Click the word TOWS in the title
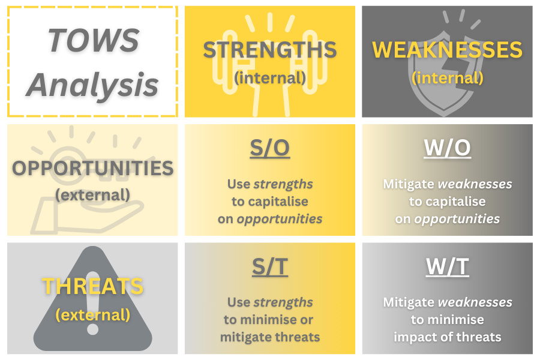click(x=94, y=40)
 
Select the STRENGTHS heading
click(x=269, y=50)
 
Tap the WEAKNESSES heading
click(x=447, y=50)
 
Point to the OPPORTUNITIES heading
click(x=92, y=168)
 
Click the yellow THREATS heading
click(x=92, y=286)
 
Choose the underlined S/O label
click(x=270, y=148)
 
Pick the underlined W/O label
click(x=448, y=148)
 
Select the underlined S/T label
click(x=270, y=266)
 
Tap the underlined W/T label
click(x=448, y=266)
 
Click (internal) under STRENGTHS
click(x=270, y=78)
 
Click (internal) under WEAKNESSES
click(x=448, y=78)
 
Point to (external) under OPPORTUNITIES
click(x=92, y=195)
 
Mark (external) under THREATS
click(x=92, y=315)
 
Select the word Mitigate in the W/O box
click(x=409, y=184)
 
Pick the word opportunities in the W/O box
click(x=457, y=219)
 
